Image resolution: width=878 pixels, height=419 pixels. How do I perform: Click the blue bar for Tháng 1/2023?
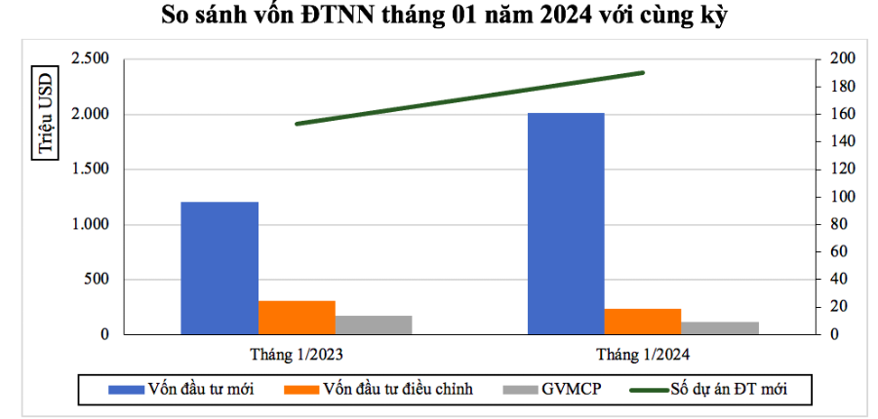pos(219,268)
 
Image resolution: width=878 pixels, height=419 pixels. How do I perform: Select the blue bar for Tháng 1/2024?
pos(566,224)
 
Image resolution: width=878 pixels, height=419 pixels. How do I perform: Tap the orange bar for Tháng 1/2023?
pos(297,318)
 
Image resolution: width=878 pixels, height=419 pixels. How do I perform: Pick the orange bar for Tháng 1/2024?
pos(643,322)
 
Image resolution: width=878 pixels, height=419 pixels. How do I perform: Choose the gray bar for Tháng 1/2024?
pos(720,328)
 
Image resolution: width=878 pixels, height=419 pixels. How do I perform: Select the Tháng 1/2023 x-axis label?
pos(296,354)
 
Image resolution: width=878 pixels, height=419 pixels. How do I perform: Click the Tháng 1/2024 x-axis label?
pos(643,354)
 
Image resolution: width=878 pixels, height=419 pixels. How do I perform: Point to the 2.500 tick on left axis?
pos(90,59)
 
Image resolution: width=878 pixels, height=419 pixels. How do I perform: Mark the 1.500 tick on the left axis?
pos(90,170)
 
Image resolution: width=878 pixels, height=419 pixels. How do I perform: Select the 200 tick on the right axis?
pos(842,59)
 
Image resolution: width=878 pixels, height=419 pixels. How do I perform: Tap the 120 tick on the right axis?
pos(842,170)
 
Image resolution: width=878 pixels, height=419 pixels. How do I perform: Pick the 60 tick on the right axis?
pos(838,251)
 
